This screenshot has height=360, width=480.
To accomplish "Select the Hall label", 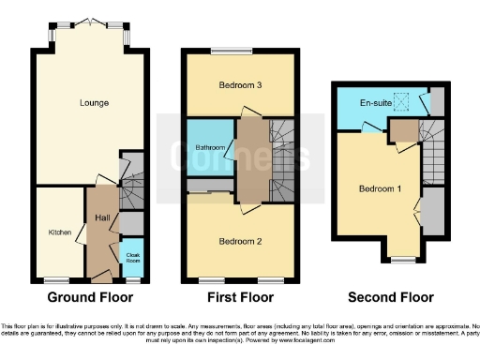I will tap(102, 217).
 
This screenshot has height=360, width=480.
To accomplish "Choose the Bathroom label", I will tap(209, 147).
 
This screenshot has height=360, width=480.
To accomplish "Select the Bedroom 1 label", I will tap(380, 188).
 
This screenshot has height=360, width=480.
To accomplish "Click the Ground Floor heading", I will tap(89, 297).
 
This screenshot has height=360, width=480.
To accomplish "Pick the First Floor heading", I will tap(240, 297).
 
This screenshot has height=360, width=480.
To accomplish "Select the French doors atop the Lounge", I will tap(90, 22).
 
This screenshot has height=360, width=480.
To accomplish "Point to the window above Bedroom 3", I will tap(238, 52).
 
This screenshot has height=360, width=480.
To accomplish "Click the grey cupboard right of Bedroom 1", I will tap(432, 211).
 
